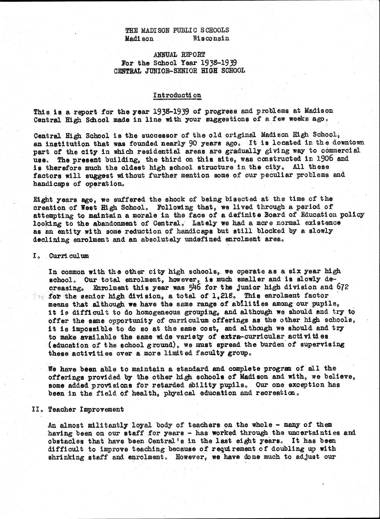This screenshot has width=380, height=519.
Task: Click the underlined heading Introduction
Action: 177,95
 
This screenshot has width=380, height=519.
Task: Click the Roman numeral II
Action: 37,409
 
